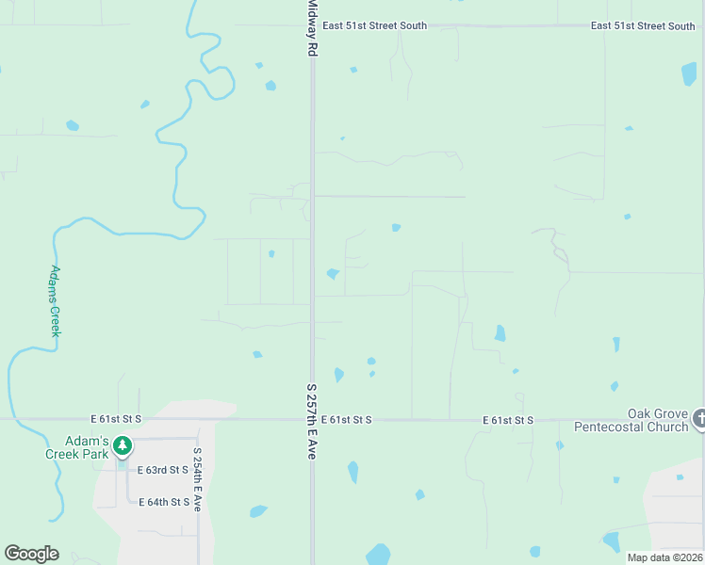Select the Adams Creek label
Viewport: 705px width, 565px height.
[55, 301]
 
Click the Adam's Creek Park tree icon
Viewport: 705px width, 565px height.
[122, 445]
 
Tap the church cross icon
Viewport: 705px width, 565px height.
[699, 419]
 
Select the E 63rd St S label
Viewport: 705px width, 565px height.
[163, 470]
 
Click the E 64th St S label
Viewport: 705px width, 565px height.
[164, 502]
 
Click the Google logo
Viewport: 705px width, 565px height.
[31, 554]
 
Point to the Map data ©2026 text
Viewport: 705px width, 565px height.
[664, 557]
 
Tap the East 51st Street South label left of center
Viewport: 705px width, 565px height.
[373, 25]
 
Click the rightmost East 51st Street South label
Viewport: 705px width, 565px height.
[643, 25]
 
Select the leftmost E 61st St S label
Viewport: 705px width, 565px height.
[116, 418]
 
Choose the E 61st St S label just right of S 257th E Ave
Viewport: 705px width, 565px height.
[346, 419]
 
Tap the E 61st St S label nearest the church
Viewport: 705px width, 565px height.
[508, 420]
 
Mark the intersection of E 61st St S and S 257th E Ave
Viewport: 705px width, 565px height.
[312, 419]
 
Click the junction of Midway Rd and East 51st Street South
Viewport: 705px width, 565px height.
[313, 25]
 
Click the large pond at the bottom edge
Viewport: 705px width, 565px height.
[378, 555]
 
